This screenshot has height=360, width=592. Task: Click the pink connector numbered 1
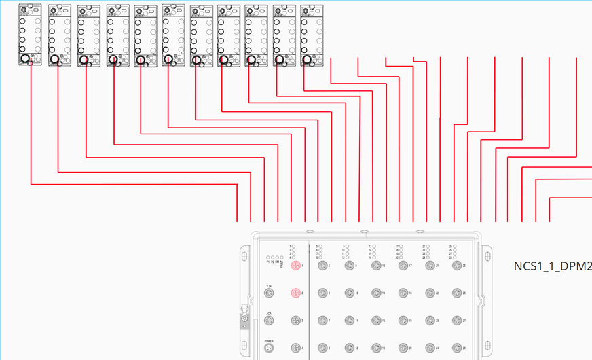295,266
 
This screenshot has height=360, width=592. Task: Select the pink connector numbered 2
295,293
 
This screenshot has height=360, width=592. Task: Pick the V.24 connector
269,293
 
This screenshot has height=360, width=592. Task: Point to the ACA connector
269,321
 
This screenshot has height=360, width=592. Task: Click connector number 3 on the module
295,320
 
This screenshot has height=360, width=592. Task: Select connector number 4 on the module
295,348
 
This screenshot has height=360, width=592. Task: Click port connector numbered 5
322,266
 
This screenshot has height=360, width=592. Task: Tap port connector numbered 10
349,293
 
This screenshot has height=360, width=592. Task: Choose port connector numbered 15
375,320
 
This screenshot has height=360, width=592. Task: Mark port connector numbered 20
403,348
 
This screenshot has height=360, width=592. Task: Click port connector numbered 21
429,266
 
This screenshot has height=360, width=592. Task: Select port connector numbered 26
456,293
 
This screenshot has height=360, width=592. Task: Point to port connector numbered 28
456,348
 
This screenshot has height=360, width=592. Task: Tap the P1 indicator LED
268,258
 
